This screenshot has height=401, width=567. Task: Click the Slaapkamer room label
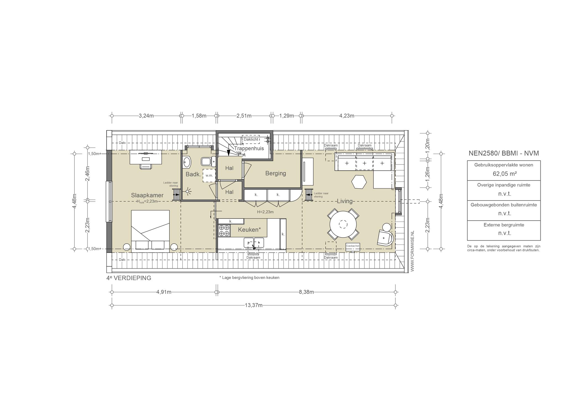pos(147,195)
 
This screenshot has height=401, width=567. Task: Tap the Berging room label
pos(275,173)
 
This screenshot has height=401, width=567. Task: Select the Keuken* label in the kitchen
pos(249,230)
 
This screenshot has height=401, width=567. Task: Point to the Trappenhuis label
pos(249,148)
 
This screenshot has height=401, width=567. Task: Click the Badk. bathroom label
pos(193,174)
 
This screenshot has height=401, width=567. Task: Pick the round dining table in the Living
pos(343,224)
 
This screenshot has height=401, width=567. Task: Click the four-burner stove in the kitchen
pos(224,231)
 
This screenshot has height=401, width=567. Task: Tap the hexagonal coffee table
pos(359,182)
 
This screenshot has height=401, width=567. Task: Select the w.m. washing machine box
pos(209,175)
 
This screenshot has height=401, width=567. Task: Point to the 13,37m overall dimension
pos(254,305)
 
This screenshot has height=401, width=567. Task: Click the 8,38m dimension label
pos(306,292)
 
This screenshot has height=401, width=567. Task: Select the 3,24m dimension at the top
pos(146,116)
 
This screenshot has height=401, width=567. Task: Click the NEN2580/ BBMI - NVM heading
pos(504,153)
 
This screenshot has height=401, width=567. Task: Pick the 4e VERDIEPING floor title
pos(129,278)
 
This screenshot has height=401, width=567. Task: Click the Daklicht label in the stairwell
pos(251,139)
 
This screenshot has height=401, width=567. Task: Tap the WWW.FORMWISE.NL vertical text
pos(412,251)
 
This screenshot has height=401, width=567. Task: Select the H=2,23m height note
pos(265,212)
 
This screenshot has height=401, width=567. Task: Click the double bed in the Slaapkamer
pos(150,231)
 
